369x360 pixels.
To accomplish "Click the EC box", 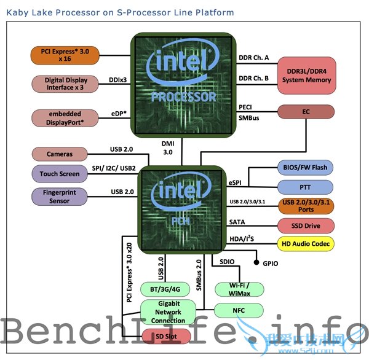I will [306, 112].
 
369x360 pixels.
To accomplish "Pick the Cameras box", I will [59, 154].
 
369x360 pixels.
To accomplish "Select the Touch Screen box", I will [59, 173].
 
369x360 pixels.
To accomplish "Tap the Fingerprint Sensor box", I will [59, 197].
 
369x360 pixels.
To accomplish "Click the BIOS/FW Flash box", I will [306, 166].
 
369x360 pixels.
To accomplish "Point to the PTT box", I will [306, 186].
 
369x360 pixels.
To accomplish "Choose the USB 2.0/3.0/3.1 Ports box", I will [306, 206].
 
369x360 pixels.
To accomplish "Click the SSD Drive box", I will [306, 225].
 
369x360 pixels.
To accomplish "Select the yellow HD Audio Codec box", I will [306, 244].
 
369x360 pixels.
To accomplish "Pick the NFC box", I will [239, 310].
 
